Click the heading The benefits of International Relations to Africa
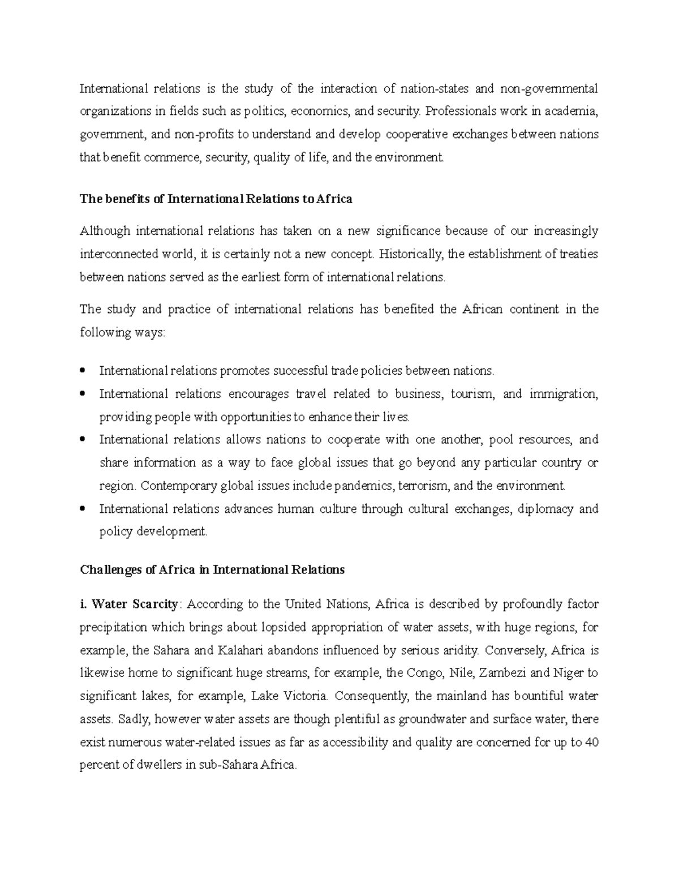point(216,199)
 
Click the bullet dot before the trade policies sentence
point(83,371)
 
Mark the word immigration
point(564,394)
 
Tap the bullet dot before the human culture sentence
point(83,509)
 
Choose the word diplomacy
point(544,509)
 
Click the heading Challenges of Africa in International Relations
point(212,570)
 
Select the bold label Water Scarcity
point(135,604)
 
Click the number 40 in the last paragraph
point(591,742)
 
